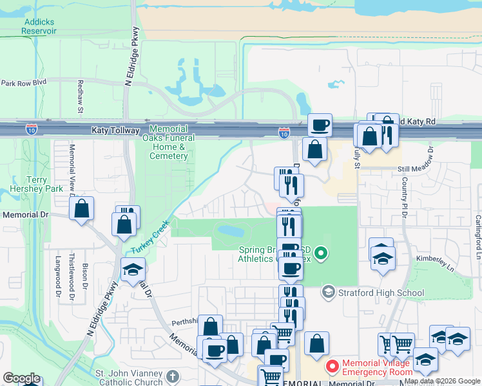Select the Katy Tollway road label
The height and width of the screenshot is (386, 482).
pos(115,131)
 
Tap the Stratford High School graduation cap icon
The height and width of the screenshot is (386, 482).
pos(329,293)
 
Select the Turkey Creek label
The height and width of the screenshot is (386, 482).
pos(149,237)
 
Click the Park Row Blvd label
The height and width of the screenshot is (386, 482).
pos(24,83)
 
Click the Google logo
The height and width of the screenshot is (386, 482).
pos(21,378)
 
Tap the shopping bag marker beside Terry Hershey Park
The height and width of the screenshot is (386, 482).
pos(82,208)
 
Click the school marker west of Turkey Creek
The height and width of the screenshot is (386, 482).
pos(133,270)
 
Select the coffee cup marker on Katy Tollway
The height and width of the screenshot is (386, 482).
pos(320,124)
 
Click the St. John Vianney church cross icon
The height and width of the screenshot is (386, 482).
pos(172,376)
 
